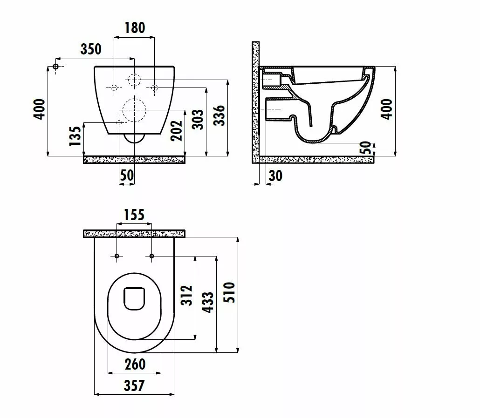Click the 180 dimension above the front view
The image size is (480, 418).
134,28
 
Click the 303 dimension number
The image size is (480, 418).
198,120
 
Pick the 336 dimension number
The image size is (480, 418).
219,115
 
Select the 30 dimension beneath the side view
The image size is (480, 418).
275,175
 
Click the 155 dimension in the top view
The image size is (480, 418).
134,215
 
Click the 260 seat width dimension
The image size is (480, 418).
135,364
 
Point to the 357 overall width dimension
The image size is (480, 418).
134,385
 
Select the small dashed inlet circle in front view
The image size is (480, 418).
134,81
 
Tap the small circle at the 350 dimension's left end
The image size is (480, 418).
55,67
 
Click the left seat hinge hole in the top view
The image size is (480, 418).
117,256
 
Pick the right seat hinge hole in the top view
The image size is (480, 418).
152,256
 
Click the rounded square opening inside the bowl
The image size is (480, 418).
135,298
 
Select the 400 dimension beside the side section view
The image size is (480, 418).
386,109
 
